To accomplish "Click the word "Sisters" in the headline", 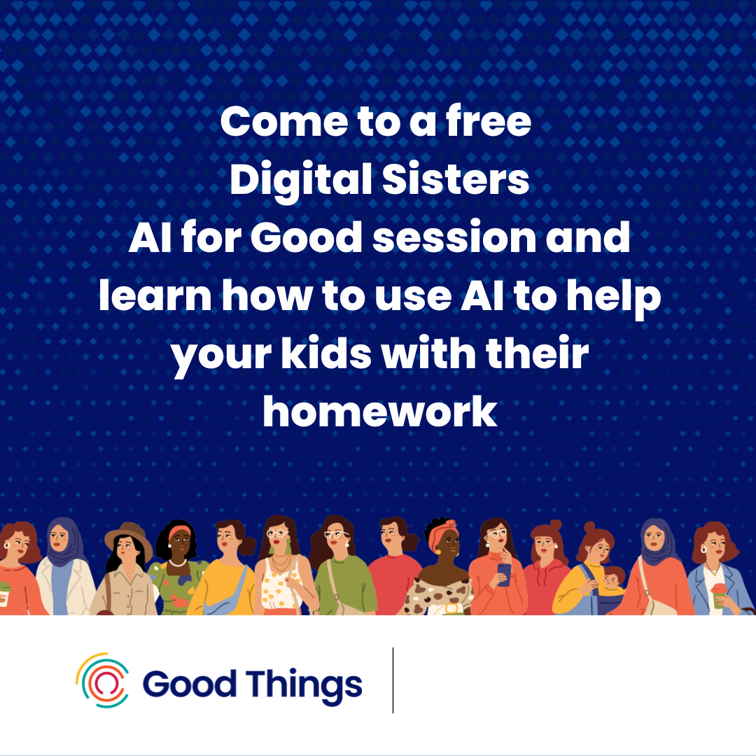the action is click(x=456, y=179).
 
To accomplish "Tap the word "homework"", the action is click(x=380, y=412).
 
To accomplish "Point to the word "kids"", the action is click(x=326, y=353).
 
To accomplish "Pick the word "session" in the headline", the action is click(x=454, y=238).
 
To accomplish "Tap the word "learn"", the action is click(x=155, y=295).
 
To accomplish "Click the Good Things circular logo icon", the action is click(x=102, y=680).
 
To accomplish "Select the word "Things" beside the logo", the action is click(x=304, y=685).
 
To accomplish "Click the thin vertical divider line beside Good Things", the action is click(x=393, y=680).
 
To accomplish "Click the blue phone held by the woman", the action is click(x=504, y=574).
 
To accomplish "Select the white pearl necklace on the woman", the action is click(x=178, y=563).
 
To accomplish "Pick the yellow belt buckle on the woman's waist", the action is click(x=451, y=608).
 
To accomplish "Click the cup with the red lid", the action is click(x=718, y=596).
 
